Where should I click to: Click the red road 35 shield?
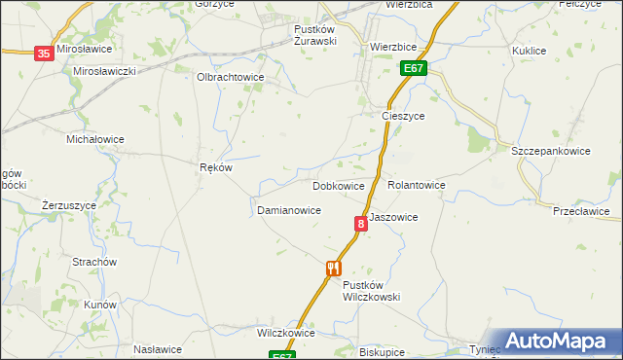44,54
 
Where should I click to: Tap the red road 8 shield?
361,224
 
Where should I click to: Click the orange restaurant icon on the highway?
333,268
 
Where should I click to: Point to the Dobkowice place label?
339,185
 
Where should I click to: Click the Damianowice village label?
289,210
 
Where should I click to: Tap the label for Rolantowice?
417,185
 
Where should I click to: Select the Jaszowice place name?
393,218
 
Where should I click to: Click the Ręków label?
215,167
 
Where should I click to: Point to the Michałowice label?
94,139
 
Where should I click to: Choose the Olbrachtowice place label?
231,77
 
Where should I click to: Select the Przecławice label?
581,211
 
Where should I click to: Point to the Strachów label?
94,262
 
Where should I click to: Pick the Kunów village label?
100,305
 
